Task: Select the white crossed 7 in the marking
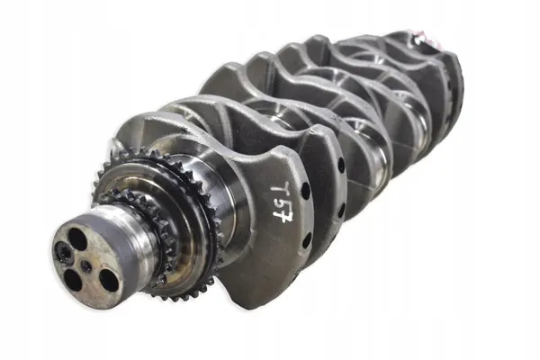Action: pos(283,217)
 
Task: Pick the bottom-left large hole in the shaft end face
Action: pos(73,279)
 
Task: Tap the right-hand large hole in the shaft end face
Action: pos(109,280)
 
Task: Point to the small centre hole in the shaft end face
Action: pos(86,266)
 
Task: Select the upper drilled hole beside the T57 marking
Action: pos(305,190)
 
